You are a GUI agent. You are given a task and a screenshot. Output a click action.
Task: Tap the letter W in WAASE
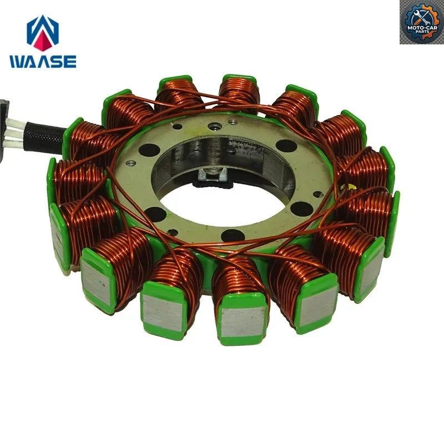pyautogui.click(x=18, y=62)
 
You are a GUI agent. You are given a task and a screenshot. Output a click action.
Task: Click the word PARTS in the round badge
pyautogui.click(x=422, y=31)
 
